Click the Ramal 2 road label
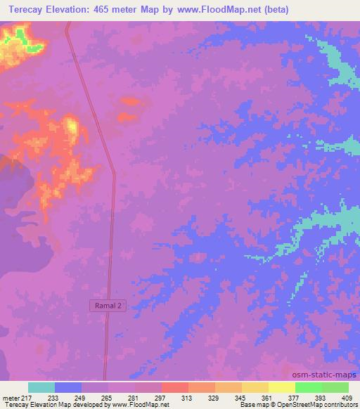point(108,306)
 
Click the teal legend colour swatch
point(41,387)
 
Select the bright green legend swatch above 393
point(308,387)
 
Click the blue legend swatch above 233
point(68,387)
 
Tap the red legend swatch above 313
point(175,387)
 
